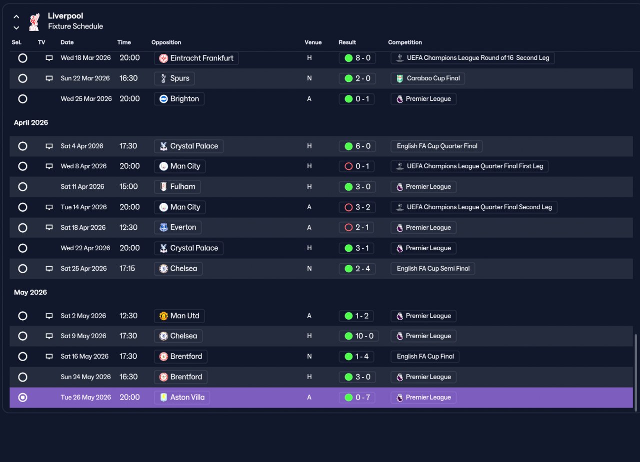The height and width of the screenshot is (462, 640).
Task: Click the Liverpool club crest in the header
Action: pyautogui.click(x=34, y=21)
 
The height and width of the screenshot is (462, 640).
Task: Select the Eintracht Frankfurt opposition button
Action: pyautogui.click(x=196, y=58)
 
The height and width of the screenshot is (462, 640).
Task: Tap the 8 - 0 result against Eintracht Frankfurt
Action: pyautogui.click(x=357, y=58)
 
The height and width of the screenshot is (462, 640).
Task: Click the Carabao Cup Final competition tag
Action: pyautogui.click(x=427, y=78)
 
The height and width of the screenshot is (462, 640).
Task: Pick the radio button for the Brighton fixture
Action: pyautogui.click(x=22, y=99)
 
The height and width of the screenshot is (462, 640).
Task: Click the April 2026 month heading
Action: pyautogui.click(x=31, y=123)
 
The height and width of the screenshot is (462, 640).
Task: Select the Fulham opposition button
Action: pyautogui.click(x=177, y=187)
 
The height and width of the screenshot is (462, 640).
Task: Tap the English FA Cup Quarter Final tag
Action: pyautogui.click(x=436, y=146)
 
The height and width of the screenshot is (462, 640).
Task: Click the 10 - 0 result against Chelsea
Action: pyautogui.click(x=359, y=336)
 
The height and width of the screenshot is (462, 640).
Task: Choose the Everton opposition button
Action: pyautogui.click(x=177, y=228)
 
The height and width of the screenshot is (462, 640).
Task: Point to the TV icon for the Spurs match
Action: pyautogui.click(x=49, y=78)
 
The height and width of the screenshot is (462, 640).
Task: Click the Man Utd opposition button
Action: pyautogui.click(x=179, y=316)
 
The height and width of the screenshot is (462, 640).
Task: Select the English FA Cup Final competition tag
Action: pyautogui.click(x=425, y=357)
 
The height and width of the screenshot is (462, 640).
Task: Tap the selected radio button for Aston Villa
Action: pyautogui.click(x=22, y=398)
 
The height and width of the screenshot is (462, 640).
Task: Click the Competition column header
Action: pyautogui.click(x=405, y=42)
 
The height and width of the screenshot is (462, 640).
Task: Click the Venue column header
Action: pyautogui.click(x=313, y=42)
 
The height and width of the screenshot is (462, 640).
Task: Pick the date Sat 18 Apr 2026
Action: pyautogui.click(x=83, y=228)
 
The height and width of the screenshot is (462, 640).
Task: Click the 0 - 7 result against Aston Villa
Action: pyautogui.click(x=357, y=398)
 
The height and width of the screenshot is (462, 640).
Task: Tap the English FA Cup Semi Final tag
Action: pyautogui.click(x=433, y=269)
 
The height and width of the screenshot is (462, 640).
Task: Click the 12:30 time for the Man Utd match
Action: pyautogui.click(x=128, y=316)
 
